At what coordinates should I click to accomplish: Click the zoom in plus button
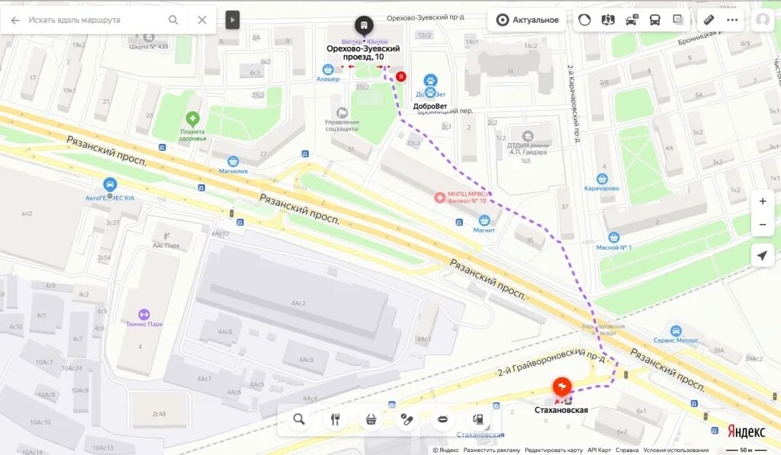coord(762,201)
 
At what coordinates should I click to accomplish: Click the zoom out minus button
coord(762,225)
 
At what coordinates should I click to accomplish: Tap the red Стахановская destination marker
coord(562,386)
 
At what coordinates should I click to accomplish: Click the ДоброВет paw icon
coord(430,81)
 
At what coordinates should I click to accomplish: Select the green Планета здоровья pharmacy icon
coord(193,119)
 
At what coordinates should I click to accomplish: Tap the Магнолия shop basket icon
coord(233,161)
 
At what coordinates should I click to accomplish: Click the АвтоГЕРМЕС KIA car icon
coord(110,184)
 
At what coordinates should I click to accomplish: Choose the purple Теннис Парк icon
coord(143,314)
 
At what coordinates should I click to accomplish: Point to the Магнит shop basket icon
coord(484,219)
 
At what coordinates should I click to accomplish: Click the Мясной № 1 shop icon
coord(614,238)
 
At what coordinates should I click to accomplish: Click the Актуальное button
coord(528,20)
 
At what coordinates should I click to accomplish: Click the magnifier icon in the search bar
coord(174,20)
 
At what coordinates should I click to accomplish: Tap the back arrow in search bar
coord(15,20)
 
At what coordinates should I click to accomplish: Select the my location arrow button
coord(762,255)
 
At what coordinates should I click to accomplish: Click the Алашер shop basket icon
coord(327,69)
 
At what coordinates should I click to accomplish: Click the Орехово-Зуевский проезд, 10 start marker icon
coord(365,25)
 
